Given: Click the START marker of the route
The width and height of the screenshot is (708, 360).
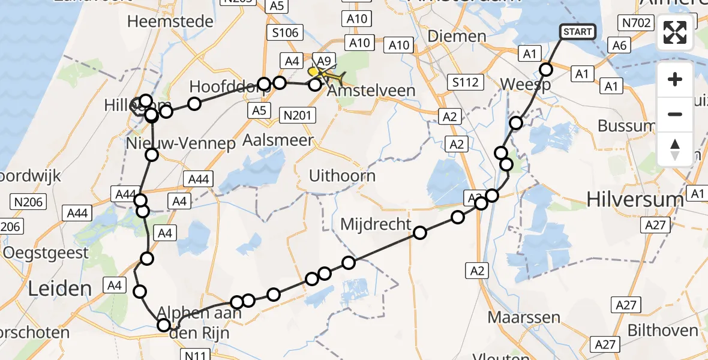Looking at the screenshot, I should pyautogui.click(x=578, y=32).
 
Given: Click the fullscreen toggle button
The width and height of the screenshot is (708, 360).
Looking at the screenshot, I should pyautogui.click(x=675, y=32).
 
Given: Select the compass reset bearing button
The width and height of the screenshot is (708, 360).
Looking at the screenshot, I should pyautogui.click(x=675, y=149).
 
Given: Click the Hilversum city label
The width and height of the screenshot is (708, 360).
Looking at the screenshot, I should pyautogui.click(x=635, y=199).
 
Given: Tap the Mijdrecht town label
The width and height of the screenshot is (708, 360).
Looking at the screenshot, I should pyautogui.click(x=376, y=224).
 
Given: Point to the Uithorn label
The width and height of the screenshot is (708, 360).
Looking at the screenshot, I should pyautogui.click(x=342, y=176).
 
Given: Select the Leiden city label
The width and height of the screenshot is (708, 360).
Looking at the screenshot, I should pyautogui.click(x=59, y=289).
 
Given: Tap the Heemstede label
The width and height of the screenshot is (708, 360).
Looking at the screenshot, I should pyautogui.click(x=170, y=22).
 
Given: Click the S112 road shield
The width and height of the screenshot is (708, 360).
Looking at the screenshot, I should pyautogui.click(x=465, y=82).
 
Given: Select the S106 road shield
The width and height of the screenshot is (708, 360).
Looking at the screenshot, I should pyautogui.click(x=285, y=32).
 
